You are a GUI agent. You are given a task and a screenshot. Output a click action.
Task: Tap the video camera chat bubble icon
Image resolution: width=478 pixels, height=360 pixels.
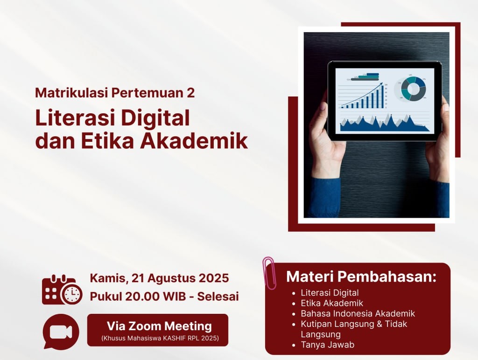pos(61,331)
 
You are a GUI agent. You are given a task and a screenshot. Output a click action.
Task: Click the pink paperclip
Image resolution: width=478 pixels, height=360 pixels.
pos(269,273)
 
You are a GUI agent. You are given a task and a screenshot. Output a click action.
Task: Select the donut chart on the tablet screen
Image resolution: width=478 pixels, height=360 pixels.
pos(414,89)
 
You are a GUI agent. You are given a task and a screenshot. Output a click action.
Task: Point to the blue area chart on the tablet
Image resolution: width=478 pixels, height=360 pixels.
pos(384,124)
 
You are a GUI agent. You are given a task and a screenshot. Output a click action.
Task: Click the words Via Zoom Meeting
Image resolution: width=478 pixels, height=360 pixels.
pos(159,326)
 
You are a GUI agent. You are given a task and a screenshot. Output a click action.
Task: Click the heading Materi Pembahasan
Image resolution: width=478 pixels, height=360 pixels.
pos(361,277)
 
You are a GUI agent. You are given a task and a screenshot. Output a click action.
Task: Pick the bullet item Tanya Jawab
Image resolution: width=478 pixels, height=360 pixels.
pos(327,345)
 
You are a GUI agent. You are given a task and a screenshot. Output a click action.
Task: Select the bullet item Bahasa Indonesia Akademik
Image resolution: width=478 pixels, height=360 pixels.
pos(358,313)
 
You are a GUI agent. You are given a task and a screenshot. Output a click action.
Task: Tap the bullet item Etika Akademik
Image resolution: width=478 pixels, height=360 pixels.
pos(332,303)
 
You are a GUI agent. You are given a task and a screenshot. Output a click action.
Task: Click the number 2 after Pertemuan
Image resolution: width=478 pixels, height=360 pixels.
pos(191,93)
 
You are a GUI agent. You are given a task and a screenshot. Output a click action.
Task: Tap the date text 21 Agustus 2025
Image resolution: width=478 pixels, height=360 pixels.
pos(180,278)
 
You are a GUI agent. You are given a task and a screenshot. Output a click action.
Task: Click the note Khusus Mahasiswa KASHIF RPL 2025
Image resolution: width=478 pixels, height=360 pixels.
pos(160,338)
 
